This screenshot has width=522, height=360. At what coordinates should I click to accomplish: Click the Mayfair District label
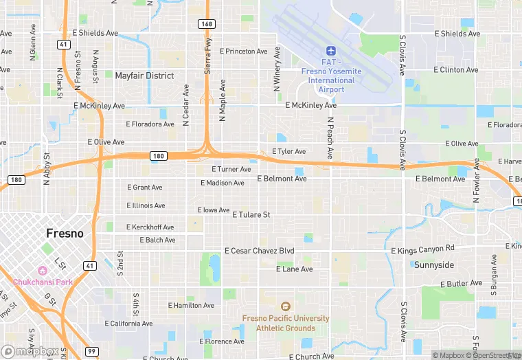[144, 76]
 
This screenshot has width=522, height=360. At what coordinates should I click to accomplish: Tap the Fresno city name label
[65, 234]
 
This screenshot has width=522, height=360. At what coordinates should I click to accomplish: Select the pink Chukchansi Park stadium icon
[43, 270]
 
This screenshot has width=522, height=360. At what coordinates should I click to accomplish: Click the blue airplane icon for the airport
[331, 52]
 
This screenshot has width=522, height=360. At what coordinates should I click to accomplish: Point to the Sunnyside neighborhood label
[433, 265]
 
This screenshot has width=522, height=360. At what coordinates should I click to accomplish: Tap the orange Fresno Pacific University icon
[285, 306]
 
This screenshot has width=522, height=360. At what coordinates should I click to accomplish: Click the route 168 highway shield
[207, 24]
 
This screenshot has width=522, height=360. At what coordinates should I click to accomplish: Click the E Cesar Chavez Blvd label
[259, 251]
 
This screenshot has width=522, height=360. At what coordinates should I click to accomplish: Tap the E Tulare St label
[251, 215]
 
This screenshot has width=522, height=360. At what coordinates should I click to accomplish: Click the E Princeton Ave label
[243, 52]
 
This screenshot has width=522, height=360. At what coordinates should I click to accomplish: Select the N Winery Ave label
[277, 69]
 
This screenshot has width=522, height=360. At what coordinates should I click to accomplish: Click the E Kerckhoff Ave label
[150, 227]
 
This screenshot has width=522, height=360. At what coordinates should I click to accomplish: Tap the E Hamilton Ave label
[191, 306]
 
